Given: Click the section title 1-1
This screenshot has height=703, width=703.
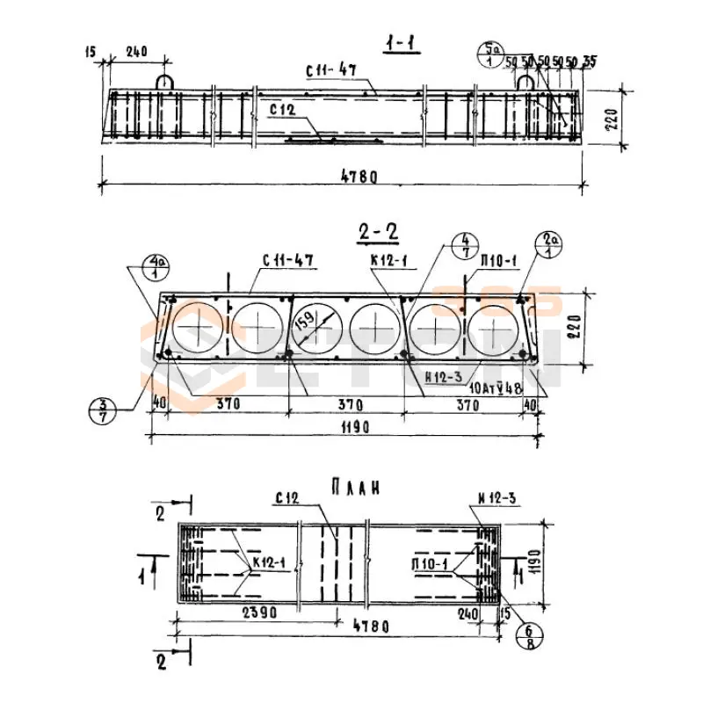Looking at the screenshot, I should [402, 45].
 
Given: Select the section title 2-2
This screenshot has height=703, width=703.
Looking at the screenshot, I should [378, 232].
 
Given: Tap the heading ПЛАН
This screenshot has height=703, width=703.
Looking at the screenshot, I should [360, 486].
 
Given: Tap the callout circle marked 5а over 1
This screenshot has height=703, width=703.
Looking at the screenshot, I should [489, 54].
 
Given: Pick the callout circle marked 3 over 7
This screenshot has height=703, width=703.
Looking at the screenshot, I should [104, 409].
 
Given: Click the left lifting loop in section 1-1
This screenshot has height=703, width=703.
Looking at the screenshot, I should [164, 80].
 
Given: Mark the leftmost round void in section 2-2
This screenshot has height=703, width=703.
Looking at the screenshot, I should [199, 330].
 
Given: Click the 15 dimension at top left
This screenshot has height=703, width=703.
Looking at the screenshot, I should [91, 52].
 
